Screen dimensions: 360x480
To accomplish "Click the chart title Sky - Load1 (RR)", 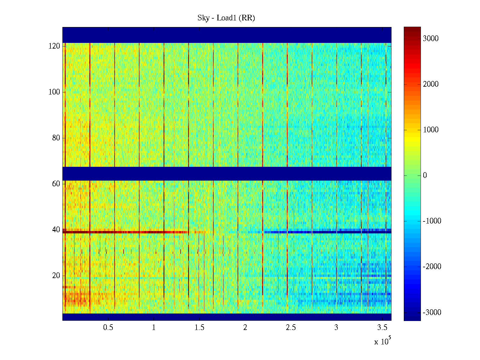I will point(226,18).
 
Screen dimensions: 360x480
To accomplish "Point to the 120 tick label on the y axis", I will point(54,46).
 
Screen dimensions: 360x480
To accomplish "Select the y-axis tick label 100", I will point(54,92).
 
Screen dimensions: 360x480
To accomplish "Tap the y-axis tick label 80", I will point(56,138).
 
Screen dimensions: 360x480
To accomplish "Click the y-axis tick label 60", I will point(56,184).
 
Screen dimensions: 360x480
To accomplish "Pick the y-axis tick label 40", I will point(56,230).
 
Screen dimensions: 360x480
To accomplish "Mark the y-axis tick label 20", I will point(56,276).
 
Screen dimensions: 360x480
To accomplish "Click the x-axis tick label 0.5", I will point(108,328).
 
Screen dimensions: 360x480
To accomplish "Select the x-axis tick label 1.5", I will point(199,328).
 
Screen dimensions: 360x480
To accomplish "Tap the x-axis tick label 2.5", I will point(291,328).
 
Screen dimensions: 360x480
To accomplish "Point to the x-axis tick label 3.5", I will point(382,328).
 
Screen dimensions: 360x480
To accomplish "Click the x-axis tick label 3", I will point(336,328).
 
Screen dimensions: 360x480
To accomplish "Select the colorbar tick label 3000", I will point(430,39).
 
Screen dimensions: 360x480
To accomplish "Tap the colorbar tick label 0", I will point(425,175).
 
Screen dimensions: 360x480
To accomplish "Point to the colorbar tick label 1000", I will point(430,130).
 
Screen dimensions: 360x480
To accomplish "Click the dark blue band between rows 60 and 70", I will point(227,173).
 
